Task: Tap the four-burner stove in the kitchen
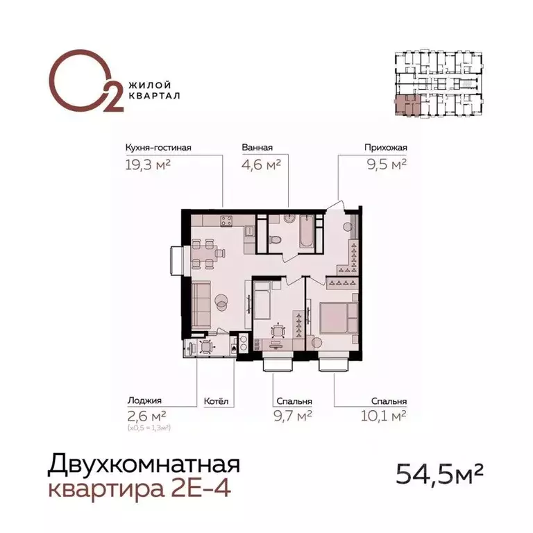coord(226,221)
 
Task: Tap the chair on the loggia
coord(206,347)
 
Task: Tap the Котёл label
coord(216,401)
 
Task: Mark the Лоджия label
coord(144,401)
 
